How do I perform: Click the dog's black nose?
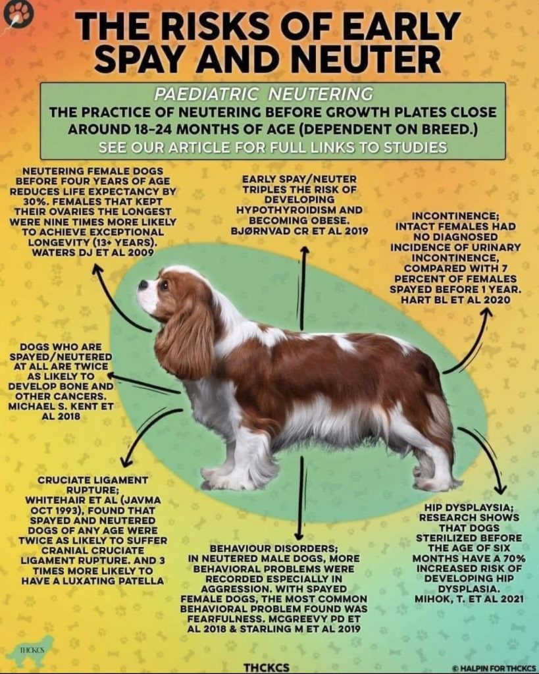tap(143, 284)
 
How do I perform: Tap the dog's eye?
tap(164, 284)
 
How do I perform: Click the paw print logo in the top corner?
tap(18, 14)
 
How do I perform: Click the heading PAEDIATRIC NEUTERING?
tap(264, 93)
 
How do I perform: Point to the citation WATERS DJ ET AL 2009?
tap(93, 252)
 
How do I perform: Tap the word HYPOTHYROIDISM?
tap(299, 210)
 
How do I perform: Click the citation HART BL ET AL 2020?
tap(455, 299)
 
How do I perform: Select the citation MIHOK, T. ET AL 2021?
tap(469, 598)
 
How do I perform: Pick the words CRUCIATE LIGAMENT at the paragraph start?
tap(93, 480)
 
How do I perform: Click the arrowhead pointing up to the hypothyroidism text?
tap(304, 250)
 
